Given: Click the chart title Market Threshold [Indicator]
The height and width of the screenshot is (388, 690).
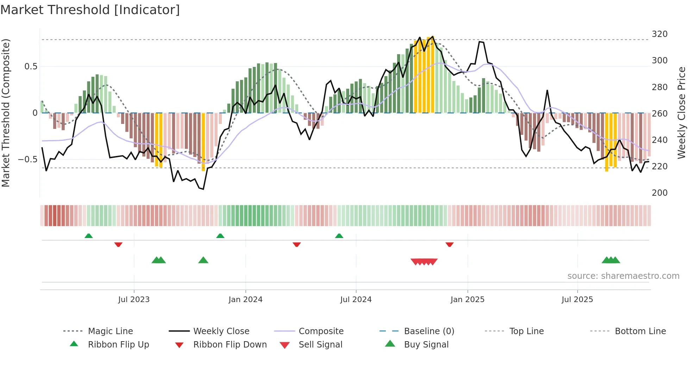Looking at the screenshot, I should [90, 10].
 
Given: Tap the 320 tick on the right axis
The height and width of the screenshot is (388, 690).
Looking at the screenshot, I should [659, 34].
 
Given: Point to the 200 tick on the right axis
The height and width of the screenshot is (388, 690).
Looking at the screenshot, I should [659, 193].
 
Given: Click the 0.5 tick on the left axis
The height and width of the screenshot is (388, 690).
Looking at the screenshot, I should [31, 67].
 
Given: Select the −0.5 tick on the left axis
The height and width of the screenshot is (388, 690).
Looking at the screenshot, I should [28, 159].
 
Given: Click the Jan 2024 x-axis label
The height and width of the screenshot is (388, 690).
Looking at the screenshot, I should [245, 300].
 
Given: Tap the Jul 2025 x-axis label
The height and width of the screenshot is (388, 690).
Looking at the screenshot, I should [577, 300].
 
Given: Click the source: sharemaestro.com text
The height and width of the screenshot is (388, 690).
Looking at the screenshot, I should [623, 276].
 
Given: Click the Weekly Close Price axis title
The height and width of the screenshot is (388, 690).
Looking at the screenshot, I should [682, 113].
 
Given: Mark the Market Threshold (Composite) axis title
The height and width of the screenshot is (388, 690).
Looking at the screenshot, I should [6, 113].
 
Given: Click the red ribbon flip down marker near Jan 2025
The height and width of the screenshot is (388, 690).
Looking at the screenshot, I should [449, 244].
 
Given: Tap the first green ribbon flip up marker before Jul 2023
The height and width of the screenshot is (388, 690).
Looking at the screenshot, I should [89, 236].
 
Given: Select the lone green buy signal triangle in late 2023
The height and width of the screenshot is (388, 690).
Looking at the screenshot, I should [203, 261].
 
